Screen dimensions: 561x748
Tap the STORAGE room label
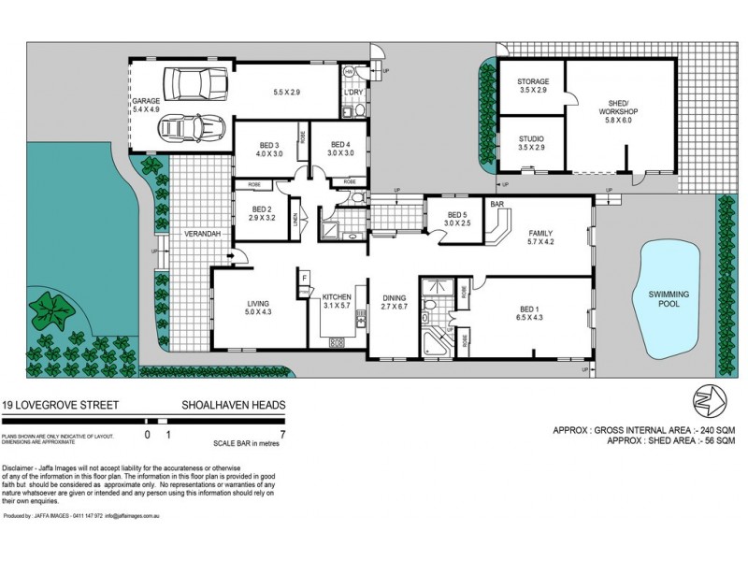click(x=532, y=81)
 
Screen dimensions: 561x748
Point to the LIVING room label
click(x=257, y=304)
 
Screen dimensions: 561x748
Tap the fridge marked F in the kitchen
click(x=305, y=278)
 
